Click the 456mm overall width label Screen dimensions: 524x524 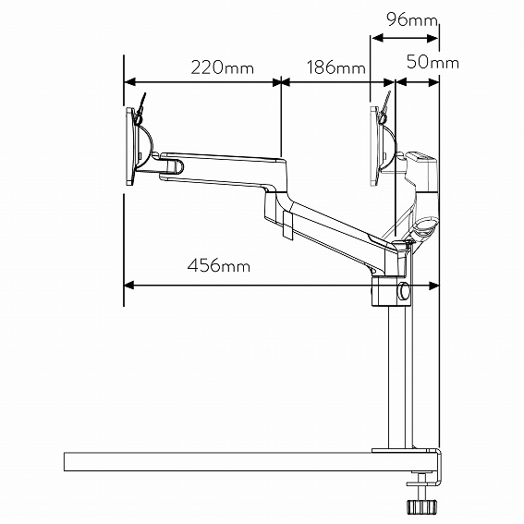(219, 266)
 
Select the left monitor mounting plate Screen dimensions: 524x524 (129, 148)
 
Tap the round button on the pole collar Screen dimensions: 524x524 (404, 292)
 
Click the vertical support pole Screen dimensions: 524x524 (399, 379)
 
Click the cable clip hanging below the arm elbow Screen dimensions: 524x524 (287, 222)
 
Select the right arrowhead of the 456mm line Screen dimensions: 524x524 (433, 285)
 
